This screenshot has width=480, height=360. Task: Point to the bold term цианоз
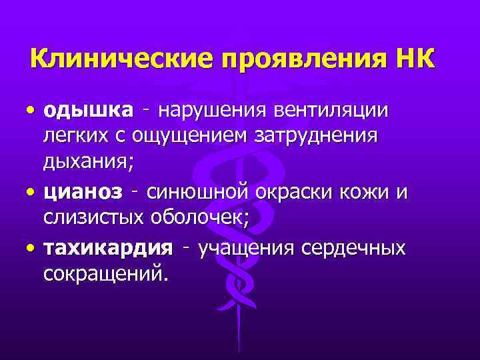(x=83, y=193)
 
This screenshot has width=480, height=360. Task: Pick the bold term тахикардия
(x=107, y=248)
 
